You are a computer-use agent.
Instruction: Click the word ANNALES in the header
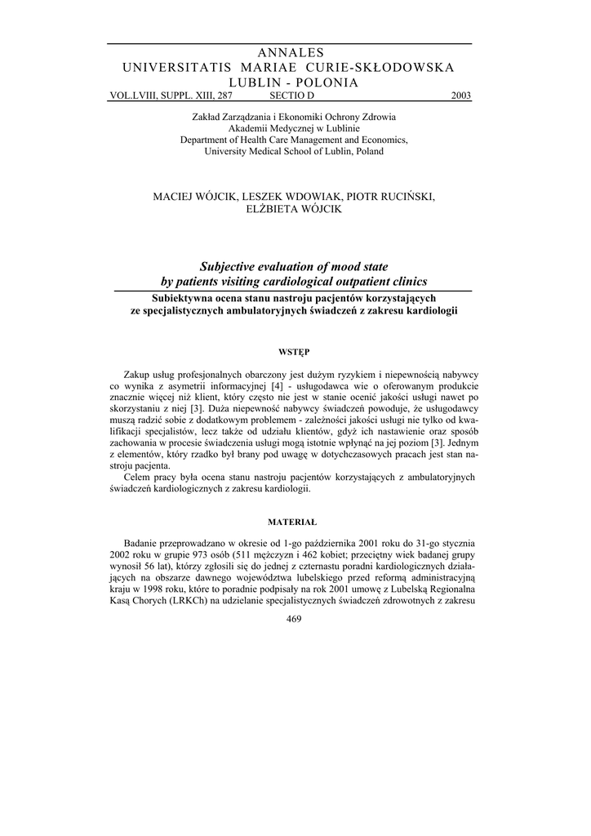point(291,53)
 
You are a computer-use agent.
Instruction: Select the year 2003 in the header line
point(461,96)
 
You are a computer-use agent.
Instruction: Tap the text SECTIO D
point(291,96)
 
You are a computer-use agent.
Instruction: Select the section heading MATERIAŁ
point(294,521)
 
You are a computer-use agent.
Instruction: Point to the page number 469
point(295,619)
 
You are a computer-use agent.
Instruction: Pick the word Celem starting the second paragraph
point(139,477)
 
